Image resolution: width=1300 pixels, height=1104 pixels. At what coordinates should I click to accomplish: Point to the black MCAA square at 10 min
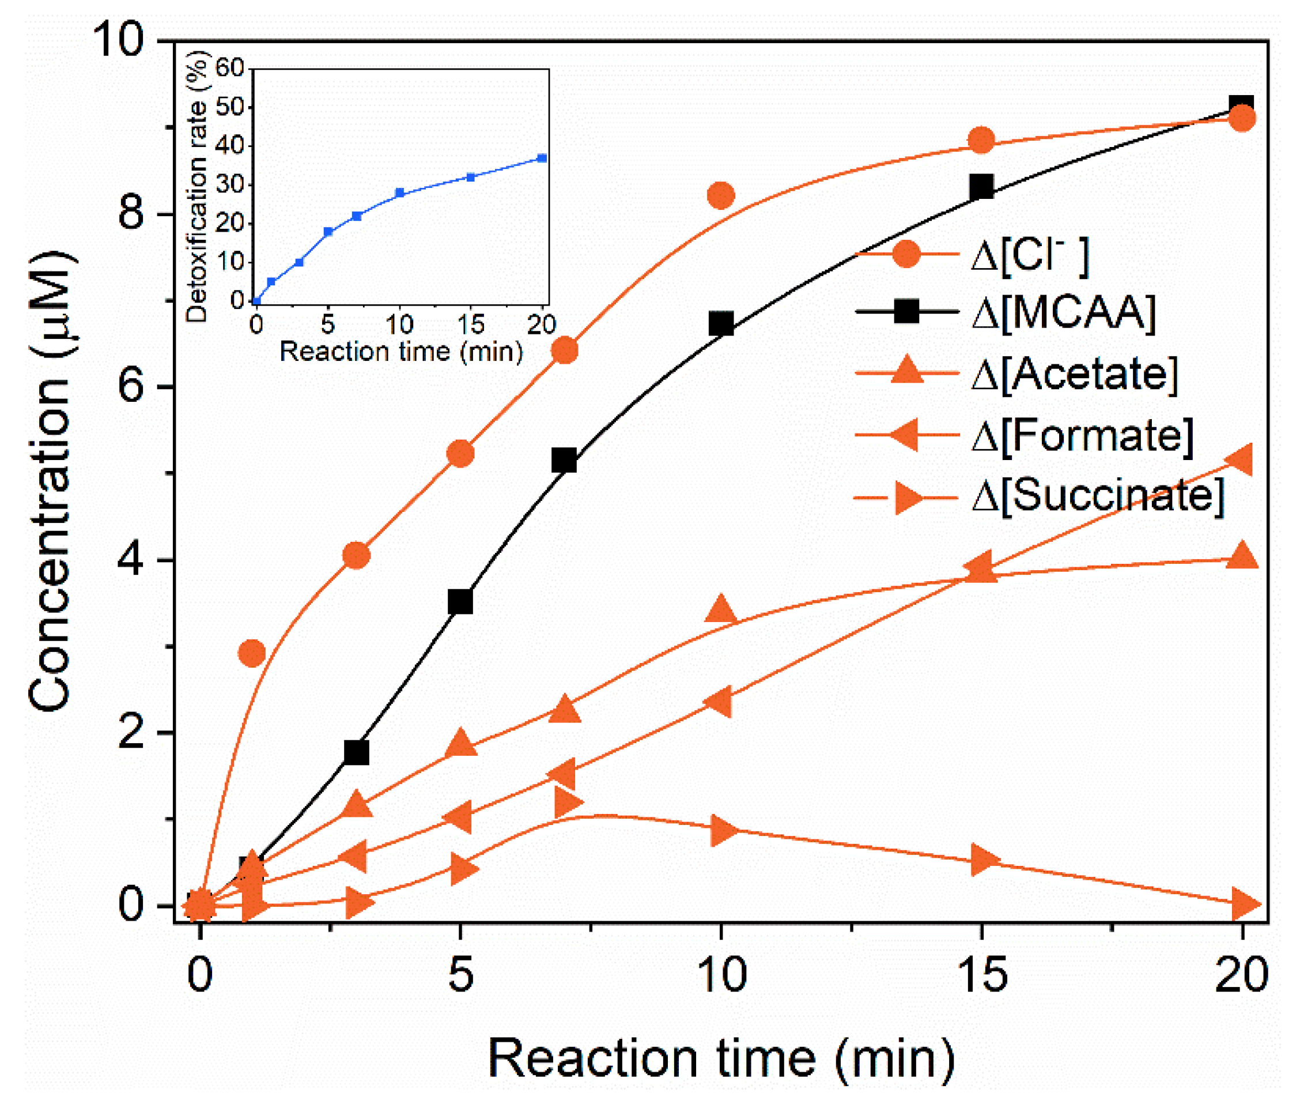pyautogui.click(x=721, y=324)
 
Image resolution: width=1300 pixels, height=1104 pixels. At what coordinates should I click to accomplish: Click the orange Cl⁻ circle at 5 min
pyautogui.click(x=460, y=454)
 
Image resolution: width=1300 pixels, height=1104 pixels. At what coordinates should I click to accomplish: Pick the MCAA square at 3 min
pyautogui.click(x=357, y=752)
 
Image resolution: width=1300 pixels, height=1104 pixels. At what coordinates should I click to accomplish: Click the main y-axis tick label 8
pyautogui.click(x=131, y=214)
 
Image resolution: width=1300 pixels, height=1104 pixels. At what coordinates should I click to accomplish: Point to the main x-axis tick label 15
pyautogui.click(x=982, y=975)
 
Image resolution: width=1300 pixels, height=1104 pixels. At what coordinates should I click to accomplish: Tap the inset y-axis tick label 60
pyautogui.click(x=229, y=67)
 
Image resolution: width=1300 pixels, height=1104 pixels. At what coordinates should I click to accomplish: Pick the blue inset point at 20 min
pyautogui.click(x=542, y=159)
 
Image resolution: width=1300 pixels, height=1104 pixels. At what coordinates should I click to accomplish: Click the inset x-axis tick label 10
pyautogui.click(x=399, y=325)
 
